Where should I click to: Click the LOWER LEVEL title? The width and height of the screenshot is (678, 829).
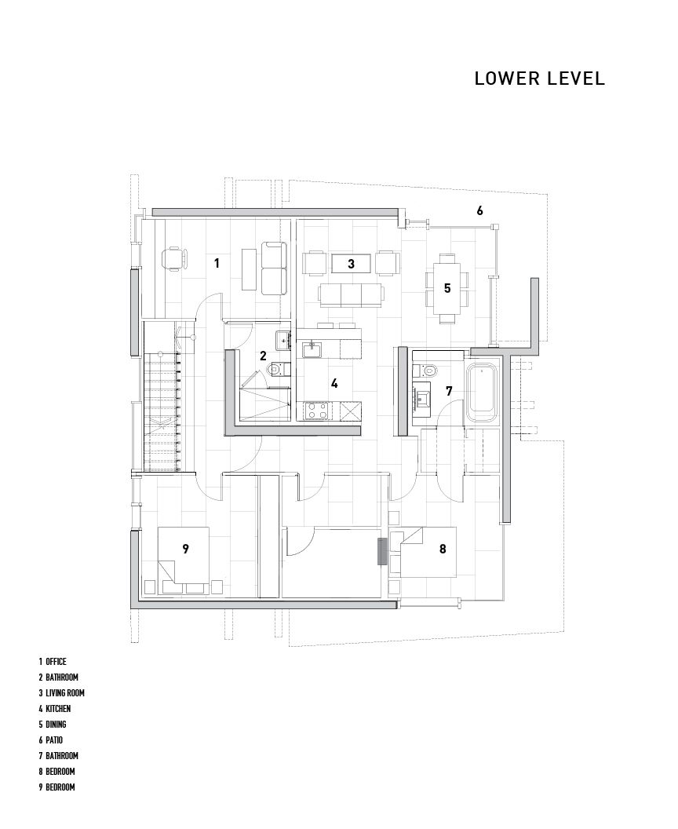coord(540,79)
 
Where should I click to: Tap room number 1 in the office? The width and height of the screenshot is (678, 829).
coord(216,262)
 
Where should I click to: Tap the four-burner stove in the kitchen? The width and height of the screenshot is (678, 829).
coord(316,411)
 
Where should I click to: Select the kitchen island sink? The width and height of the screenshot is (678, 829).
coord(313,349)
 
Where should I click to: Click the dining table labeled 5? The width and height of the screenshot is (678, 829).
coord(447,288)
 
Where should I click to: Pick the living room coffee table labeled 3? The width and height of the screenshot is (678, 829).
coord(351,263)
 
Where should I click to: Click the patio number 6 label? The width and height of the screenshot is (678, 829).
coord(479,210)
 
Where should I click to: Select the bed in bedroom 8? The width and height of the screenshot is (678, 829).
coord(428,551)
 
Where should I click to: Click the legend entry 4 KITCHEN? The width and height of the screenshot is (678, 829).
coord(54,708)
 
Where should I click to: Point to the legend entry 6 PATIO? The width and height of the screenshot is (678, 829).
coord(51,740)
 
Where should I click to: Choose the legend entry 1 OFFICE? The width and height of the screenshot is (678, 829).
coord(53,662)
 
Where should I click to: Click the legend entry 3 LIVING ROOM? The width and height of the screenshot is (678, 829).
coord(61,692)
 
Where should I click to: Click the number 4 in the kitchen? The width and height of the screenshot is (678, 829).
coord(334,383)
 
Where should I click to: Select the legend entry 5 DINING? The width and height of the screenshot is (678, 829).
coord(53,725)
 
